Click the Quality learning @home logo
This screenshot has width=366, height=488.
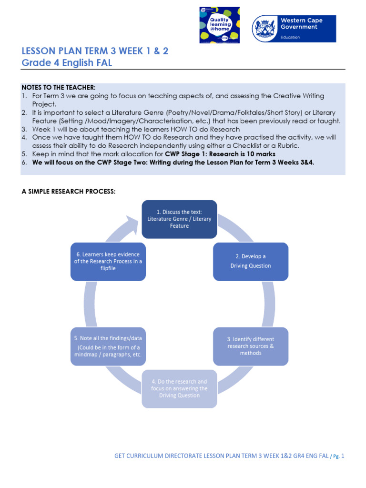(x=219, y=25)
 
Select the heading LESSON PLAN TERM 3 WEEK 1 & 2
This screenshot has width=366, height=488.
(x=95, y=51)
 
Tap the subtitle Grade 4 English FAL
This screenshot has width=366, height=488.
(x=67, y=63)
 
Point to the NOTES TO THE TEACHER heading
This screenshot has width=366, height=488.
(x=59, y=87)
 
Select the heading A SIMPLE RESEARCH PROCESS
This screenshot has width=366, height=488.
(x=69, y=192)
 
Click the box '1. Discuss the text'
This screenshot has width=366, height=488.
(x=179, y=219)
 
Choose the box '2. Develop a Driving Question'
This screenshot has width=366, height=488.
(x=250, y=261)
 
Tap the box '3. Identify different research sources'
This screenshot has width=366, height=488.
(x=250, y=346)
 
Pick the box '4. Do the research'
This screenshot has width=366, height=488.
(x=179, y=388)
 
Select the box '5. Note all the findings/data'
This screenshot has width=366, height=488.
(x=108, y=346)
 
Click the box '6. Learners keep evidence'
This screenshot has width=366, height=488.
(x=108, y=261)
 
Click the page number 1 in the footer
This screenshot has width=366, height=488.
(x=342, y=456)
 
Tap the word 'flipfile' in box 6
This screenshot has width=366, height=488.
(x=108, y=268)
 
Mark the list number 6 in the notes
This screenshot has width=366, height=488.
(x=24, y=162)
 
